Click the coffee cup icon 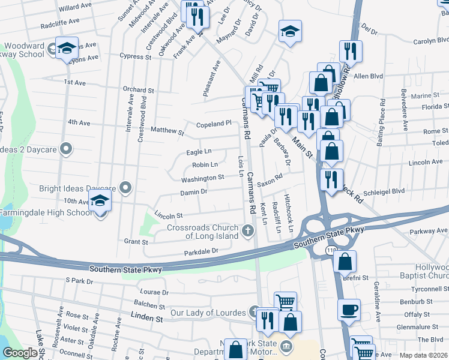pyautogui.click(x=349, y=310)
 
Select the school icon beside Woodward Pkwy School pyautogui.click(x=67, y=47)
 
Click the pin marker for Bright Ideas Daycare pyautogui.click(x=125, y=188)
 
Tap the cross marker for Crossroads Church pyautogui.click(x=249, y=230)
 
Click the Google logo pyautogui.click(x=20, y=353)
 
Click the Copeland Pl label pyautogui.click(x=214, y=124)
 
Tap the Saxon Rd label pyautogui.click(x=270, y=179)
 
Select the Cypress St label pyautogui.click(x=135, y=56)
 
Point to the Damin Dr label pyautogui.click(x=193, y=192)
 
